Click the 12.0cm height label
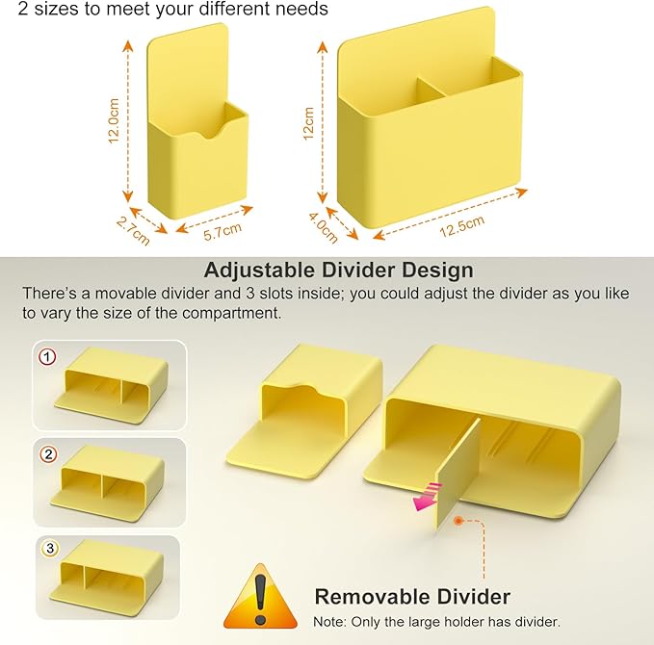pos(114,121)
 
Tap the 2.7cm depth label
pos(133,231)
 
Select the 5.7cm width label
pos(222,231)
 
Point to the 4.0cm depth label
pos(324,227)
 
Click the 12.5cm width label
pos(462,226)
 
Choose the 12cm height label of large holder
pos(308,123)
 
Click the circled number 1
pos(47,357)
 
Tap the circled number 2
pos(48,454)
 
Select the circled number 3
pos(50,548)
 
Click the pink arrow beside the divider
pos(427,496)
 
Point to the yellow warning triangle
pos(261,597)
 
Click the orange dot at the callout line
pos(458,521)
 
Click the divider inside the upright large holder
pos(432,89)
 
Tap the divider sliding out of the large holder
pos(458,473)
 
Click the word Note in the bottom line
pos(327,622)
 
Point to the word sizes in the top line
pos(57,10)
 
